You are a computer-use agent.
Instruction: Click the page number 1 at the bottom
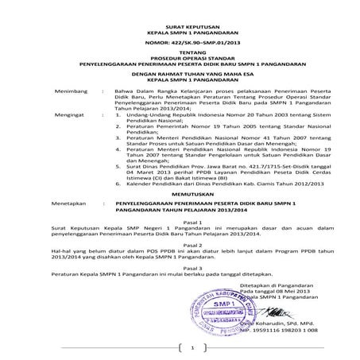pos(191,347)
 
